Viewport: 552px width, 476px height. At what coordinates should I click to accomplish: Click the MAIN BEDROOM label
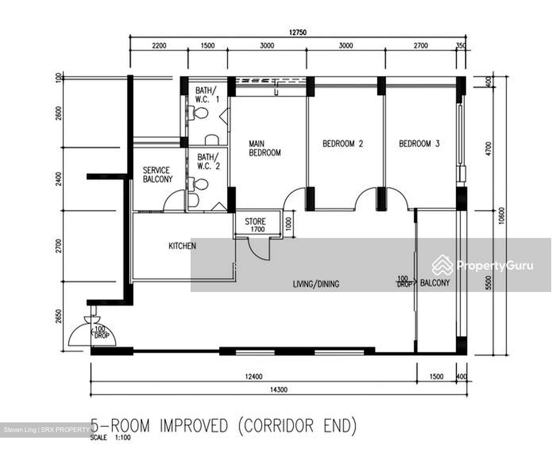pos(264,148)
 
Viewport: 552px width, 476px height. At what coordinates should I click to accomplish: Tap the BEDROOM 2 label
pos(342,144)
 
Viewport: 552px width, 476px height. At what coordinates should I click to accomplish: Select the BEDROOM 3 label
pos(419,144)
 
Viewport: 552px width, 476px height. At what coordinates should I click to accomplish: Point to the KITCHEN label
pos(182,246)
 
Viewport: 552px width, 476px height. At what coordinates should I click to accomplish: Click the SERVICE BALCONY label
pos(158,175)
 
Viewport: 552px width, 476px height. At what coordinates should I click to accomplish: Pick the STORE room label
pos(255,222)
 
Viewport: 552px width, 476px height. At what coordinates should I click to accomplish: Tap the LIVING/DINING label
pos(316,284)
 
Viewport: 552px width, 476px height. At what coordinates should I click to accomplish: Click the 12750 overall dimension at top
pos(297,33)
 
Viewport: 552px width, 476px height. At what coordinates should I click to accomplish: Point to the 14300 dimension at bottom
pos(279,390)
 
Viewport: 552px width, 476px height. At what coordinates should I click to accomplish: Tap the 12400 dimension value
pos(254,377)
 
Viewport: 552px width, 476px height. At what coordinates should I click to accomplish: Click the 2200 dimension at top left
pos(159,46)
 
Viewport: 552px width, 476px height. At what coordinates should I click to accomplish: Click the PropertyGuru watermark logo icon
pos(442,265)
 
